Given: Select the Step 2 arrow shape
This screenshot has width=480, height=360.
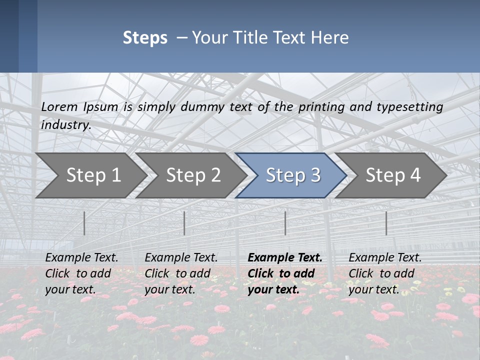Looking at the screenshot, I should click(193, 175).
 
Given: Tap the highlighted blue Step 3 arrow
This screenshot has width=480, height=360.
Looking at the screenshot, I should click(293, 175).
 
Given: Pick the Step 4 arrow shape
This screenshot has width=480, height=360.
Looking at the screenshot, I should click(393, 175).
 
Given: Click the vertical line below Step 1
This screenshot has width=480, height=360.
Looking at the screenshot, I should click(84, 223).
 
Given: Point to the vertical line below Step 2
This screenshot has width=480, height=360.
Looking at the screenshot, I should click(184, 223).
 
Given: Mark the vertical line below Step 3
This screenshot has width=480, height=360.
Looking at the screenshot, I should click(285, 223).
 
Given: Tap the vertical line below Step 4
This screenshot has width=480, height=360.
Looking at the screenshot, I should click(386, 223).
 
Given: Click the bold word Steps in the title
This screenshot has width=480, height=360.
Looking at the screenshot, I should click(145, 38).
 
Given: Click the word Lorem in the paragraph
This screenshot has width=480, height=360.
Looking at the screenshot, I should click(59, 107).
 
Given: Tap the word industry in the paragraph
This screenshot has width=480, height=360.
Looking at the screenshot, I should click(65, 125).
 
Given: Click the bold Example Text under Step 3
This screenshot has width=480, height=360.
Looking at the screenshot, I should click(285, 258).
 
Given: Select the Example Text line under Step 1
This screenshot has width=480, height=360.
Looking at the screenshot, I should click(81, 258).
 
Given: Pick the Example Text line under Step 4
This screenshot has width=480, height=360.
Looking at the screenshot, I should click(385, 258).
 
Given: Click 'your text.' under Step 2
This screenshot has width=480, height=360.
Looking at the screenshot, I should click(169, 289).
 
